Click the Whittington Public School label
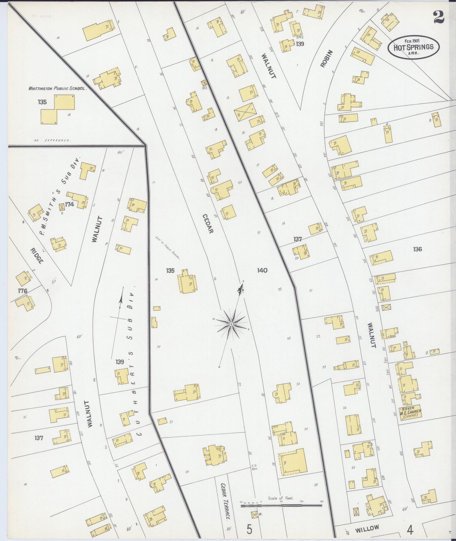click(x=57, y=88)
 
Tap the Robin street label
click(x=326, y=59)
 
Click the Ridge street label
click(x=37, y=256)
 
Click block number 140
click(x=262, y=270)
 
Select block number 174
click(x=69, y=204)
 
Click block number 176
click(x=22, y=291)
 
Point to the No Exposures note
click(x=52, y=140)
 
